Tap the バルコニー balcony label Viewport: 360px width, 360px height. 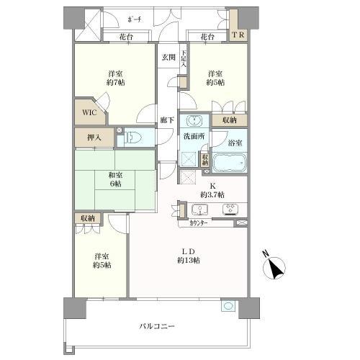[x=157, y=325]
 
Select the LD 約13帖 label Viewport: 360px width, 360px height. [x=189, y=255]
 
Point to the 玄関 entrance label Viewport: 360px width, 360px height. [x=168, y=58]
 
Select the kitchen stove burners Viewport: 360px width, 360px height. [x=231, y=210]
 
